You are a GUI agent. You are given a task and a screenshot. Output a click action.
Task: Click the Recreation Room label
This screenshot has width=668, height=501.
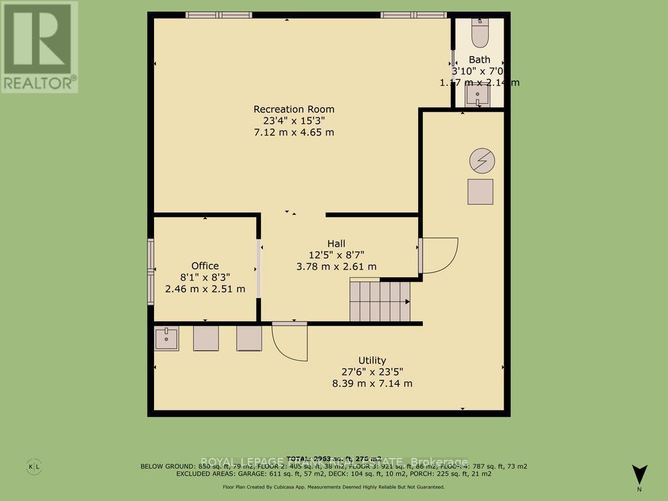pyautogui.click(x=294, y=109)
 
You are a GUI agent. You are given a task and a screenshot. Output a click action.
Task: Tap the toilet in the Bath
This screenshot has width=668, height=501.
pyautogui.click(x=479, y=35)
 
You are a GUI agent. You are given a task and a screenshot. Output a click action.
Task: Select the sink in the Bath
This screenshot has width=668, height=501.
pyautogui.click(x=478, y=95)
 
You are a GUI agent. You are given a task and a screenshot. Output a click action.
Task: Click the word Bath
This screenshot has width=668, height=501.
pyautogui.click(x=479, y=60)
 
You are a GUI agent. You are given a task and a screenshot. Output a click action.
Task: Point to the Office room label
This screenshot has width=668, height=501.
pyautogui.click(x=205, y=266)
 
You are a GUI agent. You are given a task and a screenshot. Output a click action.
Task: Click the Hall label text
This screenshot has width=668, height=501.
pyautogui.click(x=336, y=243)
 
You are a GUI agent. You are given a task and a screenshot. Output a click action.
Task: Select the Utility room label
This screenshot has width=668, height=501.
pyautogui.click(x=372, y=360)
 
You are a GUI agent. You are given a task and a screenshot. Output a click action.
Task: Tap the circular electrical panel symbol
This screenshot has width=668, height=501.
pyautogui.click(x=482, y=160)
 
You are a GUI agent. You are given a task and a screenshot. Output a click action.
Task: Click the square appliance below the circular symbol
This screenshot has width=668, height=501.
pyautogui.click(x=481, y=192)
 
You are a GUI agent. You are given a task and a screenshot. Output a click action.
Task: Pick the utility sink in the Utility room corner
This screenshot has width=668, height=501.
pyautogui.click(x=167, y=339)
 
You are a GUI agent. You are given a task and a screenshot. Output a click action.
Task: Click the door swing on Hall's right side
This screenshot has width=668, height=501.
pyautogui.click(x=439, y=255)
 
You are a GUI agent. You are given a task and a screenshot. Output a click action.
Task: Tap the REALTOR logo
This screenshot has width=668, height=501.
pyautogui.click(x=39, y=47)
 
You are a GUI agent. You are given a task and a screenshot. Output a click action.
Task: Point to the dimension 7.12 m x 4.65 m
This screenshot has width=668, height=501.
pyautogui.click(x=294, y=132)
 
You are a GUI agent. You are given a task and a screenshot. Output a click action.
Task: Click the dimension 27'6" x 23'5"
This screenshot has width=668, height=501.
pyautogui.click(x=372, y=372)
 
